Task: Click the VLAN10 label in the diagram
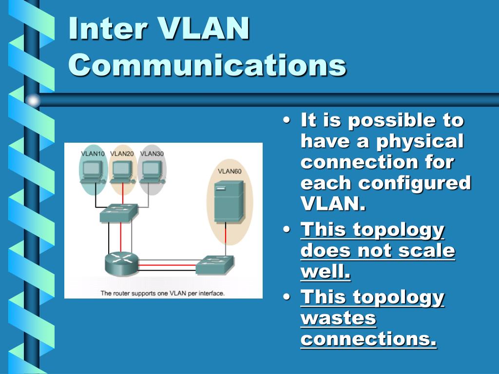click(x=93, y=154)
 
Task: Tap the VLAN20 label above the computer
click(x=122, y=154)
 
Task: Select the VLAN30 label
click(x=152, y=154)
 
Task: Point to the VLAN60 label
click(x=229, y=171)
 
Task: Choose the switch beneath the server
click(x=215, y=264)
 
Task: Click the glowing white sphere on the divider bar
click(x=33, y=100)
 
